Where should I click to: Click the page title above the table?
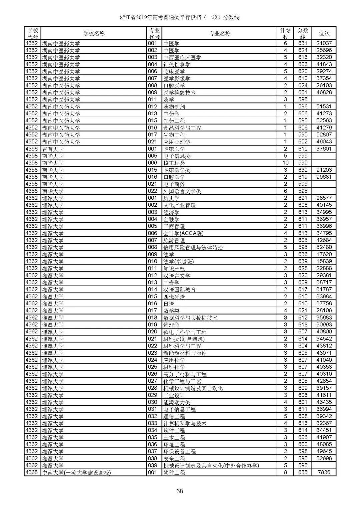(180, 17)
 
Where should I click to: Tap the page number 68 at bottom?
(180, 491)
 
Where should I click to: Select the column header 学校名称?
(94, 33)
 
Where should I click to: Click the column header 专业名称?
(220, 33)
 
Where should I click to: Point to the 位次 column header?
(324, 33)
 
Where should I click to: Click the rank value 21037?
(324, 43)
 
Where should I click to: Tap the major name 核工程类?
(174, 163)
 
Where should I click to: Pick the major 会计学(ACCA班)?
(183, 233)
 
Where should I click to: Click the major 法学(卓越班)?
(178, 261)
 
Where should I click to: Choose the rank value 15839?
(324, 261)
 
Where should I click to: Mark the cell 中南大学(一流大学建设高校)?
(76, 472)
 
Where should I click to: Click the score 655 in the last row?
(303, 472)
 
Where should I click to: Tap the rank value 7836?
(324, 472)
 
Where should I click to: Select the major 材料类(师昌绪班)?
(184, 339)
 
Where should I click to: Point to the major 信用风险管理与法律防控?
(193, 247)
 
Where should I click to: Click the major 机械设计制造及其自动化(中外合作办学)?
(211, 465)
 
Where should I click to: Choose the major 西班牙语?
(174, 297)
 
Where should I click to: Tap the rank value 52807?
(324, 135)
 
